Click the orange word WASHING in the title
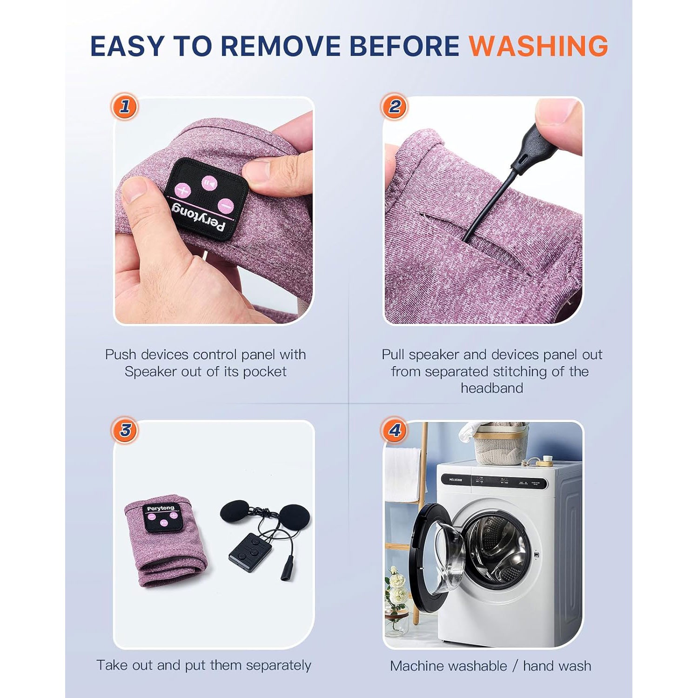tap(538, 46)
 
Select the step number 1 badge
tap(125, 107)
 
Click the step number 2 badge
tap(394, 107)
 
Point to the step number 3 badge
tap(125, 430)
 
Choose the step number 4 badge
tap(394, 430)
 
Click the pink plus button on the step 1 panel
tap(183, 190)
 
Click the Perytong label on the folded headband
tap(161, 509)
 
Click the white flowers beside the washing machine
tap(396, 591)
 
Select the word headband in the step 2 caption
tap(492, 388)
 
